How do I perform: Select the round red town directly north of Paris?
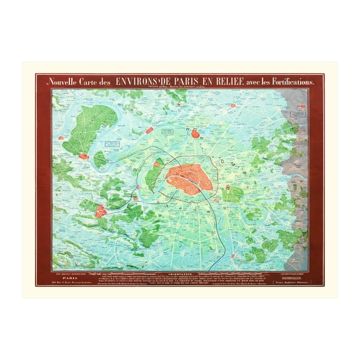(196, 133)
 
